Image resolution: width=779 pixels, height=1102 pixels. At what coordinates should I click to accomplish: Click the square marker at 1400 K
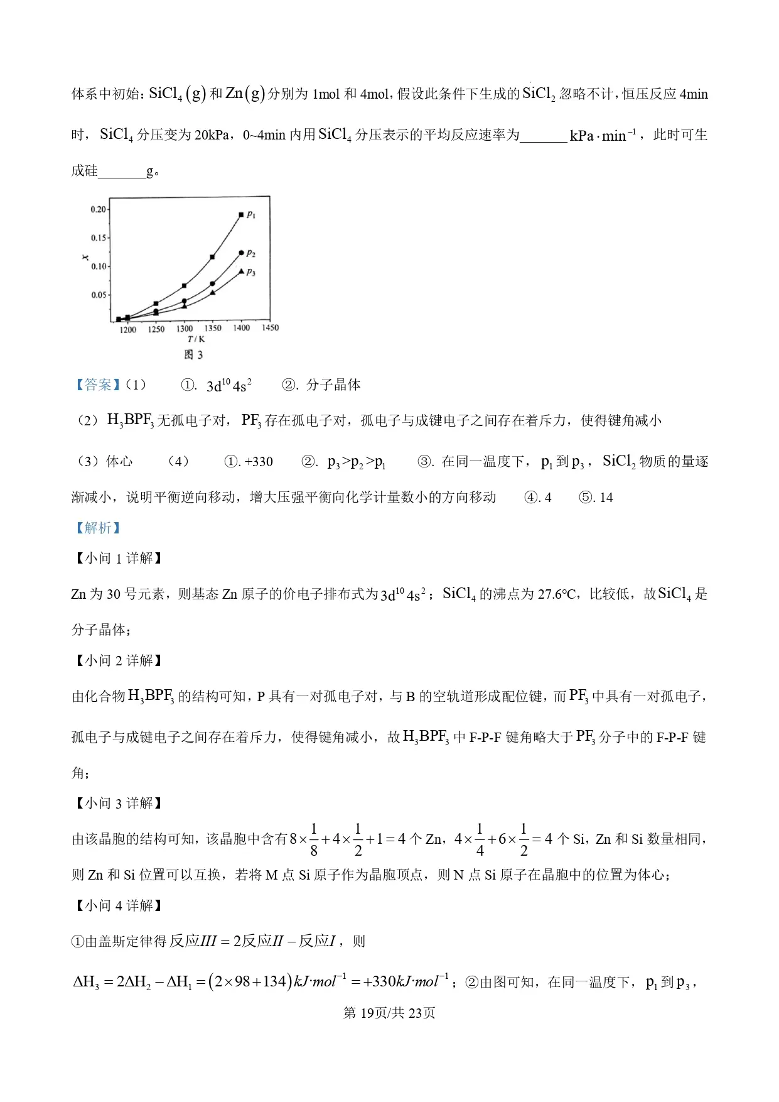click(241, 215)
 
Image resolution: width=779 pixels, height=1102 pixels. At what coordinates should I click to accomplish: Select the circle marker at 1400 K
click(242, 253)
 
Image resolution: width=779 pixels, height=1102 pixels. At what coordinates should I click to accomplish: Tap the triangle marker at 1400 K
click(242, 271)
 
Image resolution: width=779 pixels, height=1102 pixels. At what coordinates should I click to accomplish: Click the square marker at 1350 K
click(213, 257)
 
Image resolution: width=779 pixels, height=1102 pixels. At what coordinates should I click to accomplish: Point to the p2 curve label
click(251, 253)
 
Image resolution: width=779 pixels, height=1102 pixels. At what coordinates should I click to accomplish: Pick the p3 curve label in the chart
click(251, 272)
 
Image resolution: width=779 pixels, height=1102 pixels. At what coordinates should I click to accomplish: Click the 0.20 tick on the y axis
click(99, 209)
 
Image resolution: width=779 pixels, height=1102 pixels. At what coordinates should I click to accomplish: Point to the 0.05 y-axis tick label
click(99, 295)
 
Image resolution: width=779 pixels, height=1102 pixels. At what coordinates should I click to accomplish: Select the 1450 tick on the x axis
click(270, 328)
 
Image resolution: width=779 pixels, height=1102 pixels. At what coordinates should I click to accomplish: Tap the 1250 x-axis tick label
click(156, 329)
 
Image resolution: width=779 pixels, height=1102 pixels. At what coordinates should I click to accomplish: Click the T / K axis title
click(196, 339)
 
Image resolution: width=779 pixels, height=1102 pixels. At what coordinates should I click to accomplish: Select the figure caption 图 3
click(193, 355)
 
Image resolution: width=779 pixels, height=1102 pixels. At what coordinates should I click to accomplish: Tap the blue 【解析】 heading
click(97, 528)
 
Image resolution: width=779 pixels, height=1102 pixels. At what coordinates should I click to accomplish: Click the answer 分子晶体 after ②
click(333, 385)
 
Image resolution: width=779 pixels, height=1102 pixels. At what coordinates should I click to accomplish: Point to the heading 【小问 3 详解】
click(119, 803)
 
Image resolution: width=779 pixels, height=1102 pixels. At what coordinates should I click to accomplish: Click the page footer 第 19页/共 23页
click(389, 1013)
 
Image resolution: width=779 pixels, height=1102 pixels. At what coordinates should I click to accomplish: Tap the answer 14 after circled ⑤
click(606, 498)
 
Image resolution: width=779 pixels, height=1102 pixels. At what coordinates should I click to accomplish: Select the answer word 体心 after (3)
click(119, 462)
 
